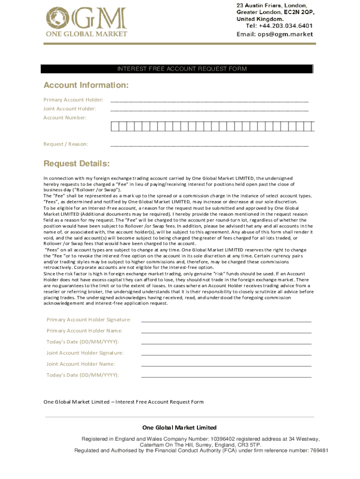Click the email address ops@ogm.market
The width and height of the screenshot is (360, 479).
[x=288, y=34]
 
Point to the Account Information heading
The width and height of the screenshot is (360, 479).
[x=86, y=86]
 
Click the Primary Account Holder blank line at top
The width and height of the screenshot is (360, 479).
[x=209, y=100]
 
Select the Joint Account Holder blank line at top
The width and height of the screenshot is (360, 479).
[x=209, y=109]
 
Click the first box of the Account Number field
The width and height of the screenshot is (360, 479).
[x=114, y=126]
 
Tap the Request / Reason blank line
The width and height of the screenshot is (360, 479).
[x=209, y=145]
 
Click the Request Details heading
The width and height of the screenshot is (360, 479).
[x=77, y=164]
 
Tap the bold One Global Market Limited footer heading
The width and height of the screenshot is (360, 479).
[x=180, y=428]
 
